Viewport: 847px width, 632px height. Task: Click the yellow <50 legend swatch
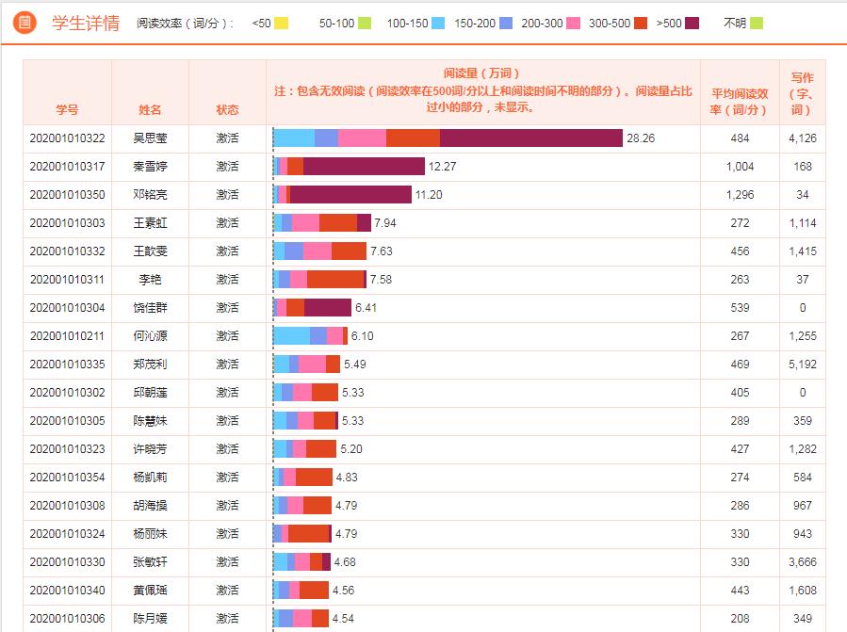(281, 23)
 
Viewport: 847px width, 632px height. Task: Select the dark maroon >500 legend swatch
(693, 23)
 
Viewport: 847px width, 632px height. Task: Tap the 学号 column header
(67, 110)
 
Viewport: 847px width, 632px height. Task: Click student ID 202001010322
(67, 138)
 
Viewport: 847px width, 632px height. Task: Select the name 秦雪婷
(150, 167)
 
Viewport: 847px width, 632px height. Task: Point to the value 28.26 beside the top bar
(641, 138)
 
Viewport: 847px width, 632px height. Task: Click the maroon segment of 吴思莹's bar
(530, 138)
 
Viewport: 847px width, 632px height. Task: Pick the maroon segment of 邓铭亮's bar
(350, 195)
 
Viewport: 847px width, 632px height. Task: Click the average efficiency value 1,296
(740, 195)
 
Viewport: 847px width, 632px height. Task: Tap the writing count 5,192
(803, 365)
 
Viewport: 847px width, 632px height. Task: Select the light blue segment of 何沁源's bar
(291, 336)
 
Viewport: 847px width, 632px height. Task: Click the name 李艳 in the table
(150, 280)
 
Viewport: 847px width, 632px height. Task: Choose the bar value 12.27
(442, 167)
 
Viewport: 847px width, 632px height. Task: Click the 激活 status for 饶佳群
(227, 308)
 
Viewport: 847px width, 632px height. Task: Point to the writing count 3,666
(803, 562)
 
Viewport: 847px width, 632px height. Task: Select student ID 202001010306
(67, 619)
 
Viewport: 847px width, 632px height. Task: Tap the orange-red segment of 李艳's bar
(334, 280)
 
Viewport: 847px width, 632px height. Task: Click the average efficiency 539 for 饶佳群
(740, 308)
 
